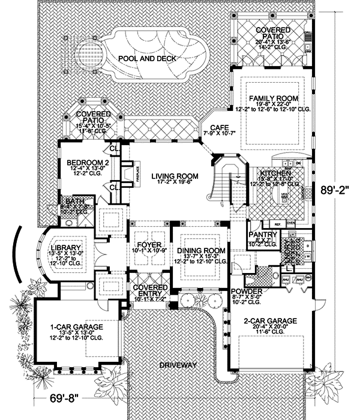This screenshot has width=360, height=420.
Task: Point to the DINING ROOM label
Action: (201, 250)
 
